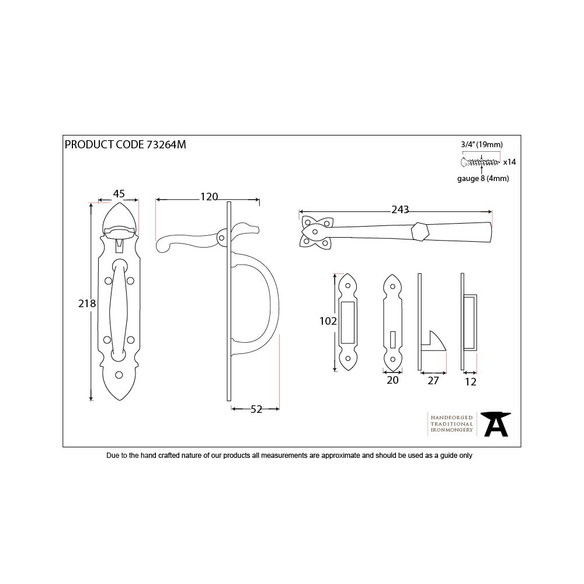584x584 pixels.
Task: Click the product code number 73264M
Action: click(166, 144)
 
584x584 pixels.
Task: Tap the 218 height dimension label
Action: click(87, 304)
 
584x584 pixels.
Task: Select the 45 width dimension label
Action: click(119, 194)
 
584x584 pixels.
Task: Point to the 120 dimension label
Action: click(209, 197)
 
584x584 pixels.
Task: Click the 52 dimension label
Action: click(256, 409)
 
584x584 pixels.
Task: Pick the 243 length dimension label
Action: click(400, 210)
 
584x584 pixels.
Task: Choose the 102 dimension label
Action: click(328, 321)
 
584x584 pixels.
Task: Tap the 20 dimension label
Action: click(392, 380)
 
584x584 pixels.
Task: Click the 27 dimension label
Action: click(433, 381)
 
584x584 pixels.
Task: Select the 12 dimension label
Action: click(470, 382)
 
